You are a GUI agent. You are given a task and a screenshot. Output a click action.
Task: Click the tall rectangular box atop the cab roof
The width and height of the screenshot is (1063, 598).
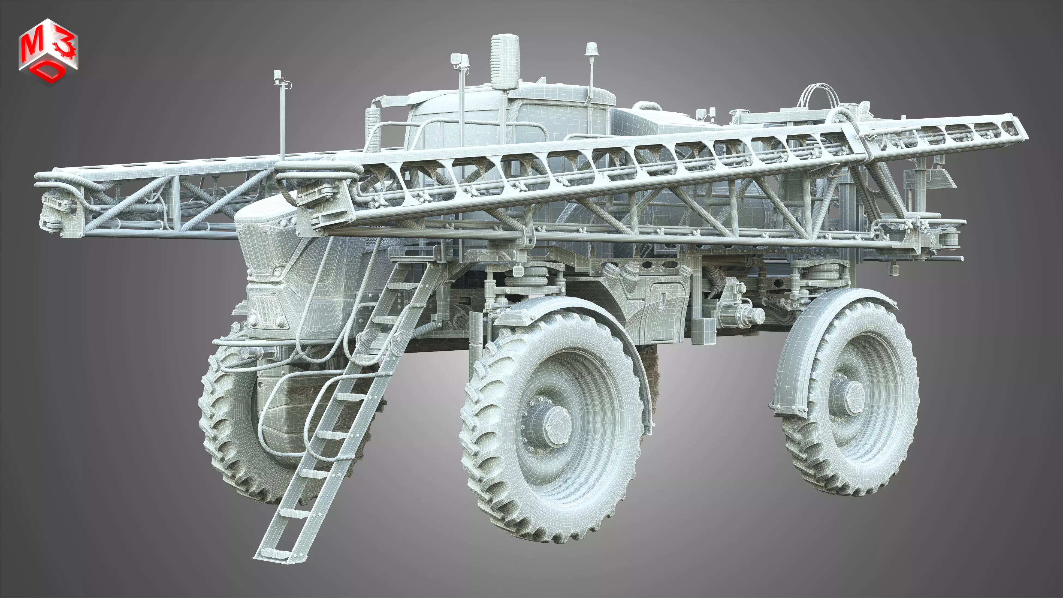coord(505,62)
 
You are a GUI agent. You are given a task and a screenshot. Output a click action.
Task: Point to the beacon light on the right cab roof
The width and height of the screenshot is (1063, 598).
coord(591,49)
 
